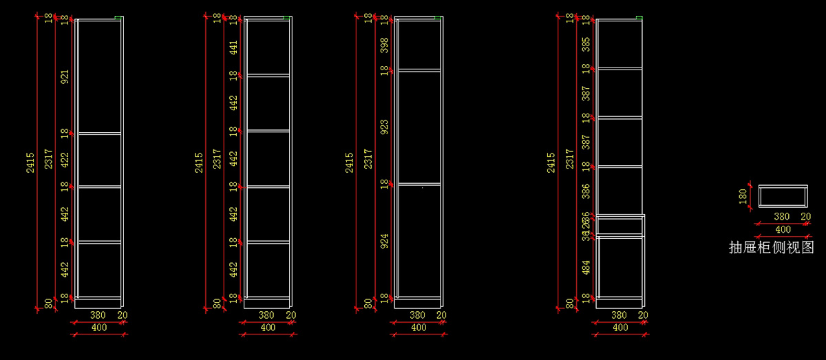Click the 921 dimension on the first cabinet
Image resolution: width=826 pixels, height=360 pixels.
tap(65, 76)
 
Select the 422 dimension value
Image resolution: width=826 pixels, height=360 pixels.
tap(65, 159)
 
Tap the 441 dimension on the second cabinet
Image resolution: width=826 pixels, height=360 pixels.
tap(234, 47)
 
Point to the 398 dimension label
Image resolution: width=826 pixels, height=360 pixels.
tap(384, 44)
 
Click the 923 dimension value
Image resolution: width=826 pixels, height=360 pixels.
tap(384, 127)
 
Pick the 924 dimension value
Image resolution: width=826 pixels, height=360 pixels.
tap(384, 241)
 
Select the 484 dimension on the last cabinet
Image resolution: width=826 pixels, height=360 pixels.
tap(586, 266)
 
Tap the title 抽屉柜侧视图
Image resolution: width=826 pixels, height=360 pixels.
tap(771, 248)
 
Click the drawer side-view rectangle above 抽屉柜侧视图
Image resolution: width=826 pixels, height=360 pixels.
tap(783, 195)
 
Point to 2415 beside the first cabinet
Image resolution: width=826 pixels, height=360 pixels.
tap(30, 162)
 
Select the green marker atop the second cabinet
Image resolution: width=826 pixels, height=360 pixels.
tap(288, 18)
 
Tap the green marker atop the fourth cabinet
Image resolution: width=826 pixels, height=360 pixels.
tap(639, 18)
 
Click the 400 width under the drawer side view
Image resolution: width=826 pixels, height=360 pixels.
tap(783, 229)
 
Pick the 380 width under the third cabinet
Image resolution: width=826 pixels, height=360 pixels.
tap(417, 315)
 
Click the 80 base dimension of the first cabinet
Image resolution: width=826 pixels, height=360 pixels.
tap(48, 303)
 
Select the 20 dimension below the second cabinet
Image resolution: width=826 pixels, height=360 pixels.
tap(290, 315)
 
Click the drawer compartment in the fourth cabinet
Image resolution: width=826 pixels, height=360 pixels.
tap(620, 226)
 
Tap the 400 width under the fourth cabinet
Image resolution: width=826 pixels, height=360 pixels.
tap(620, 328)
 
